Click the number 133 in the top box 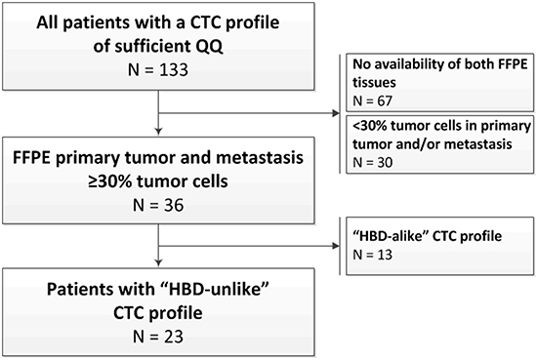(174, 70)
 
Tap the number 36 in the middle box (173, 205)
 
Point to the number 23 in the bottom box (173, 337)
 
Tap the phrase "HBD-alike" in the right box (391, 236)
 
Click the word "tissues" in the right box (374, 83)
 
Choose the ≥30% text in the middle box (110, 181)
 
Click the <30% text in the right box (369, 126)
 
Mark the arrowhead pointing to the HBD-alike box (336, 246)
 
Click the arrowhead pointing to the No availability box (336, 113)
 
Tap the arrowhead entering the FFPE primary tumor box (158, 132)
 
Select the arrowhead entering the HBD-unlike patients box (158, 262)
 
